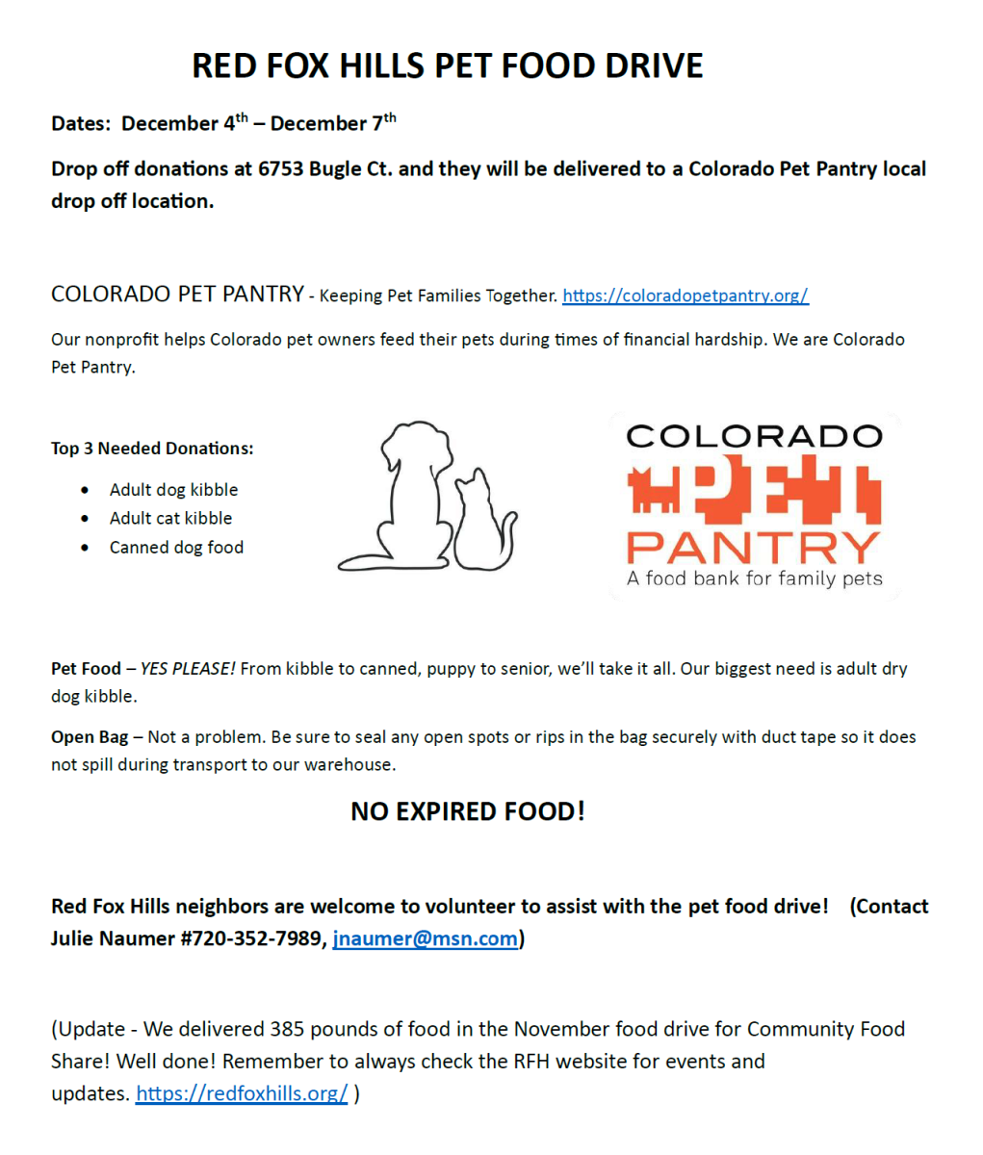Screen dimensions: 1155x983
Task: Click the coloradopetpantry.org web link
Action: click(685, 295)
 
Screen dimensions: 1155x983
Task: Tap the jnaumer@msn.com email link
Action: click(425, 938)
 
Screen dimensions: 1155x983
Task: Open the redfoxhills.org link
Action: click(241, 1093)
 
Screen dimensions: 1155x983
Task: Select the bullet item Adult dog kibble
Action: click(173, 490)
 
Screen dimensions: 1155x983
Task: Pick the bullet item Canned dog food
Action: click(176, 548)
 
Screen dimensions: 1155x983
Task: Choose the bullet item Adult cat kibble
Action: click(170, 518)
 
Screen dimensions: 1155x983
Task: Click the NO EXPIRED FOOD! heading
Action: click(468, 811)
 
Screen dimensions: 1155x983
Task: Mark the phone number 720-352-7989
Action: click(260, 938)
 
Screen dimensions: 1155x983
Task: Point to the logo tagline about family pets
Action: click(754, 578)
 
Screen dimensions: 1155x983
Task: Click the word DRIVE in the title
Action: click(654, 65)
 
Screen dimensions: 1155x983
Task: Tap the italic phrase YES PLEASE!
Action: click(188, 669)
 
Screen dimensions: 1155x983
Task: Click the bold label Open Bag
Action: click(90, 737)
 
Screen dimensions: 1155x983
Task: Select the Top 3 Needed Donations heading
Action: click(152, 449)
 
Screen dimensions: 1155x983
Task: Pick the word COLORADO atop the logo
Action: click(754, 436)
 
